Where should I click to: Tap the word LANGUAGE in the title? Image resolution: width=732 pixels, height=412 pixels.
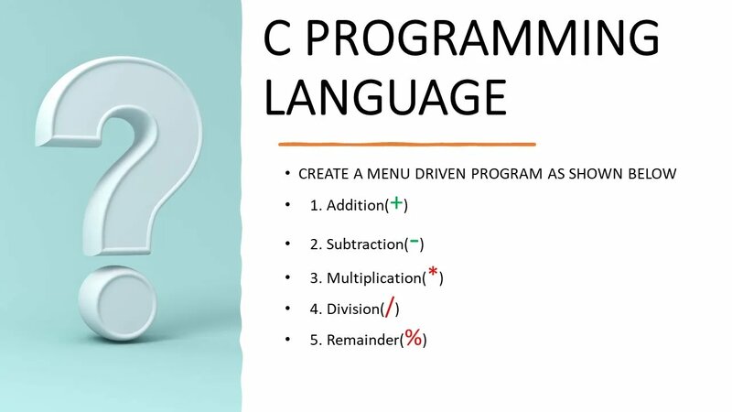[x=385, y=97]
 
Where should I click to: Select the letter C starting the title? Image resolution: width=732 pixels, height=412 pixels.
[x=280, y=42]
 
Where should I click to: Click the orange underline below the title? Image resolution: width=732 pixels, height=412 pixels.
[x=407, y=144]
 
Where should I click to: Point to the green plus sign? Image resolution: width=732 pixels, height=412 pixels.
[x=396, y=203]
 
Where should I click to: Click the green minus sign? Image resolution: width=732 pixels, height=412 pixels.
[x=414, y=242]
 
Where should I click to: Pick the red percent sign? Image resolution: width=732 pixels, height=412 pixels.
[x=414, y=338]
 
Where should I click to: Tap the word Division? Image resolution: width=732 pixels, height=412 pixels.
[x=353, y=309]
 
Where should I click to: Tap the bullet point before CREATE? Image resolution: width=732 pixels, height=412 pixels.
[x=287, y=173]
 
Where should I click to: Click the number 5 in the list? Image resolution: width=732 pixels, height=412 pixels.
[x=314, y=341]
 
